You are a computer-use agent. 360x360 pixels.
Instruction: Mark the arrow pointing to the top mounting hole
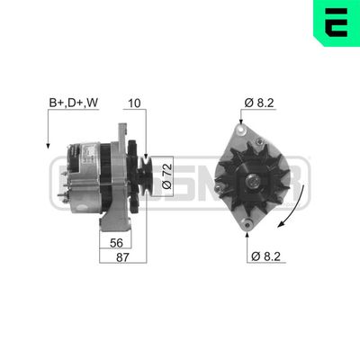(x=245, y=112)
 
